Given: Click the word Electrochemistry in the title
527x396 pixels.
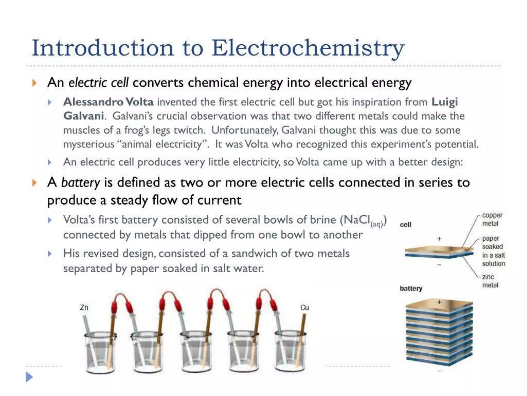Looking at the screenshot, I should pos(308,48).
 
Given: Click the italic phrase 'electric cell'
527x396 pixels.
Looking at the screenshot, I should pos(98,83).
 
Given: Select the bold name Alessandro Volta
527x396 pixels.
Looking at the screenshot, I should pos(108,102).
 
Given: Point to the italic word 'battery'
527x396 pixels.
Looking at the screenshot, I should pos(80,183).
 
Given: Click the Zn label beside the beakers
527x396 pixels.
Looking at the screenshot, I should pos(84,307).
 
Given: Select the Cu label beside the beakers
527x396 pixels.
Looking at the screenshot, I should pos(304,307).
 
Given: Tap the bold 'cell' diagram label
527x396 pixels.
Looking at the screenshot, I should pos(405,225).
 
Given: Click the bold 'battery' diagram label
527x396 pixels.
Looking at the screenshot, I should pos(411,288).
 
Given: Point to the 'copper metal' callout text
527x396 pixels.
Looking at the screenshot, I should pos(492,219).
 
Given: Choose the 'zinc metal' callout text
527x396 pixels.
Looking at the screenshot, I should pos(490,281).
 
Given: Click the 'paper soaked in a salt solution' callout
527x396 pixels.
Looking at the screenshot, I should pos(493,251).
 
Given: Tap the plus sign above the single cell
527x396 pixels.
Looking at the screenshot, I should pos(439,239).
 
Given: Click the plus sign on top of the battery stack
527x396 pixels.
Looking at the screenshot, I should pos(439,302).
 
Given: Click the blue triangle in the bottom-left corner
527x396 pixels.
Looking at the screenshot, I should pos(29,377).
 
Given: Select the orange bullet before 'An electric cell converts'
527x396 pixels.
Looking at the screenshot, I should pos(34,83).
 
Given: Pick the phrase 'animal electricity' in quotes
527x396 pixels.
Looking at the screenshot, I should pos(162,144).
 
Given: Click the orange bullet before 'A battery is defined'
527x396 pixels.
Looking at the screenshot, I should pos(34,183).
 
